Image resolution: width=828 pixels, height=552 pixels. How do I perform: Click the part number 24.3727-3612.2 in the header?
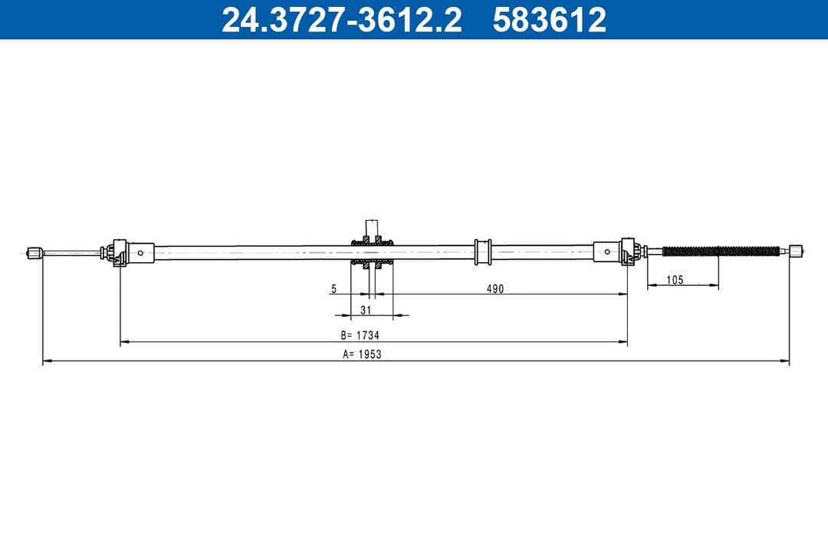[x=341, y=20]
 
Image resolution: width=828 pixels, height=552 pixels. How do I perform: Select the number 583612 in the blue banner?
[x=549, y=20]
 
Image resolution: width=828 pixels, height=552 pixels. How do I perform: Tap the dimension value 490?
[x=495, y=289]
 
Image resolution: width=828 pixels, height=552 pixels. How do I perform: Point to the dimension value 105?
[x=675, y=281]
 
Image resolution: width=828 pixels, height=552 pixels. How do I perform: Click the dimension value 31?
[x=366, y=310]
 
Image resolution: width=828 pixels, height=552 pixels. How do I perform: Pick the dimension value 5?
[x=333, y=289]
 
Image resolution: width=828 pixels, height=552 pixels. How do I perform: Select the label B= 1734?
[x=360, y=335]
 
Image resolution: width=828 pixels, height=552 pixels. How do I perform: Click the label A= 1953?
[x=362, y=354]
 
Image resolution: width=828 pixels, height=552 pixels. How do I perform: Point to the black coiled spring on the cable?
[x=720, y=251]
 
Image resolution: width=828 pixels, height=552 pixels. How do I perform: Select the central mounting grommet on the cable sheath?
[x=372, y=251]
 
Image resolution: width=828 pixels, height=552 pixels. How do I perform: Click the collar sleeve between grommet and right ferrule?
[x=482, y=251]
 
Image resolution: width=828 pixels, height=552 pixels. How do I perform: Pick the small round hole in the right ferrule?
[x=607, y=251]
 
